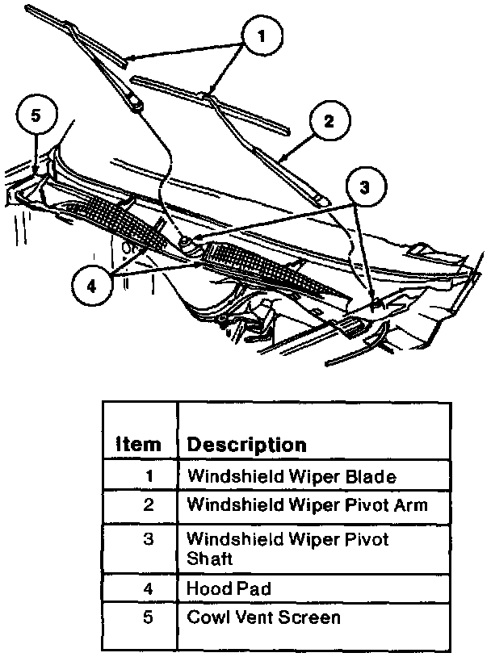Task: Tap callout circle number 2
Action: [329, 123]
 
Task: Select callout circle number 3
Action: [364, 188]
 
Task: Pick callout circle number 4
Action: [91, 285]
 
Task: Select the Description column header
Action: [246, 445]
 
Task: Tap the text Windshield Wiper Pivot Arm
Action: [306, 505]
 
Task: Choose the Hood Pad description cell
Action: [229, 588]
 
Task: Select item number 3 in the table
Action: [148, 539]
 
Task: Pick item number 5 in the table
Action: [148, 617]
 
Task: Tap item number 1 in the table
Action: [149, 476]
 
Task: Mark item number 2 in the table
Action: [148, 505]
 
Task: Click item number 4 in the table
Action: [148, 588]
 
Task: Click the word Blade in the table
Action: [374, 476]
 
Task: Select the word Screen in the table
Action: [312, 617]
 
